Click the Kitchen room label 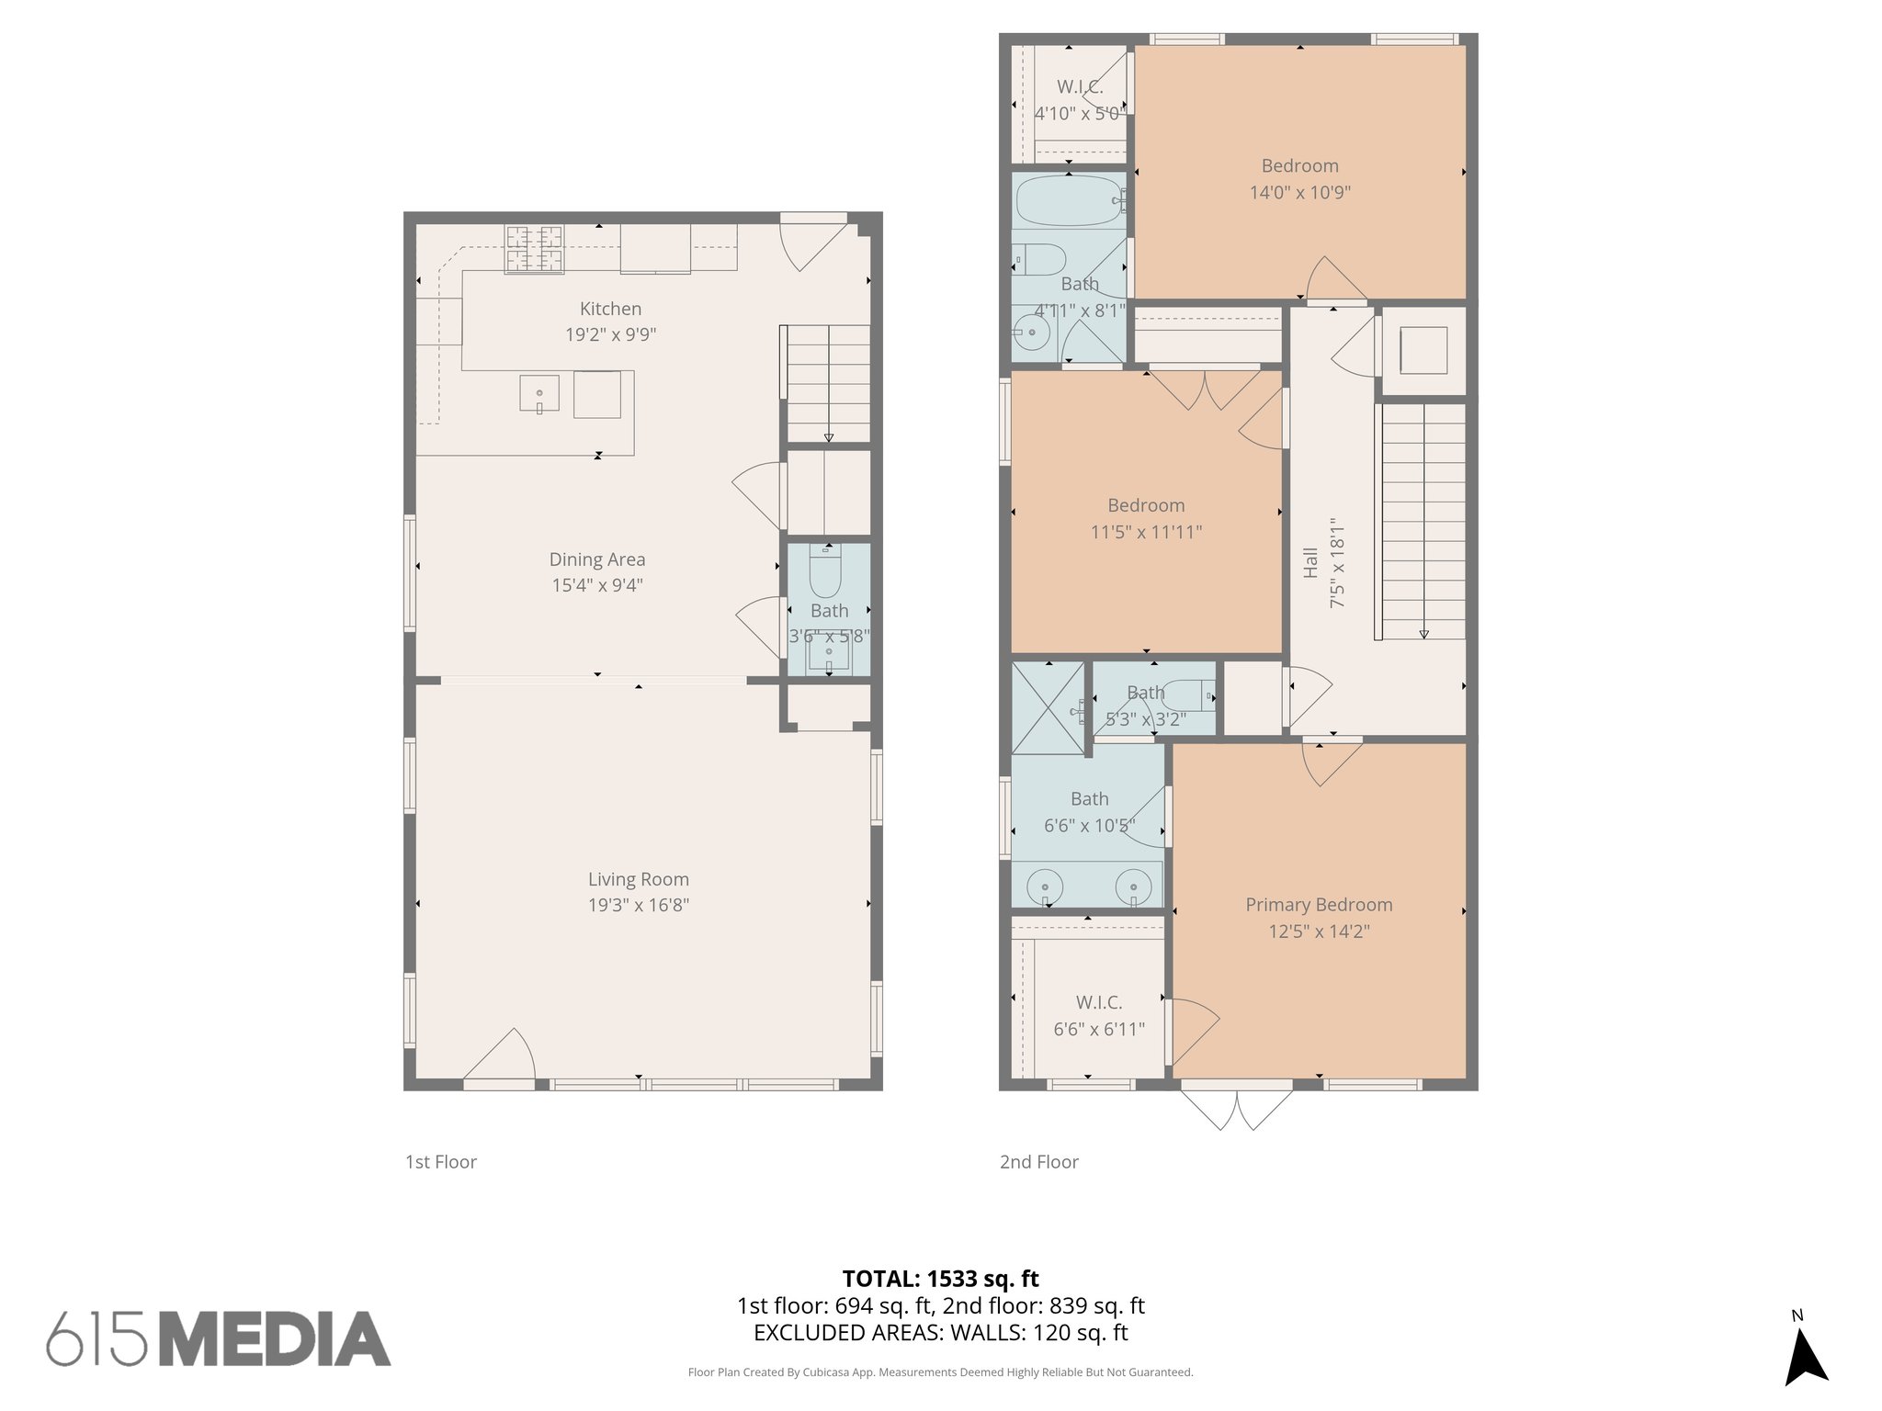tap(610, 310)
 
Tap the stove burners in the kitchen tap(533, 249)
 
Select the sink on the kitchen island tap(539, 393)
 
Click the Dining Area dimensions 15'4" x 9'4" tap(597, 585)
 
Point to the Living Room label tap(639, 879)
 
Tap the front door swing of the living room tap(501, 1056)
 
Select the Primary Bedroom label tap(1319, 905)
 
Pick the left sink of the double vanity tap(1045, 887)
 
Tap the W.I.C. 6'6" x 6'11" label tap(1099, 1016)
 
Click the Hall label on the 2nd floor tap(1310, 562)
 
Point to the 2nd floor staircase tap(1423, 521)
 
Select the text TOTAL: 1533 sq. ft tap(940, 1279)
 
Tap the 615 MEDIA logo tap(219, 1339)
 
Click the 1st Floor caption tap(441, 1162)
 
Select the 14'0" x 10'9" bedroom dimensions tap(1299, 193)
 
